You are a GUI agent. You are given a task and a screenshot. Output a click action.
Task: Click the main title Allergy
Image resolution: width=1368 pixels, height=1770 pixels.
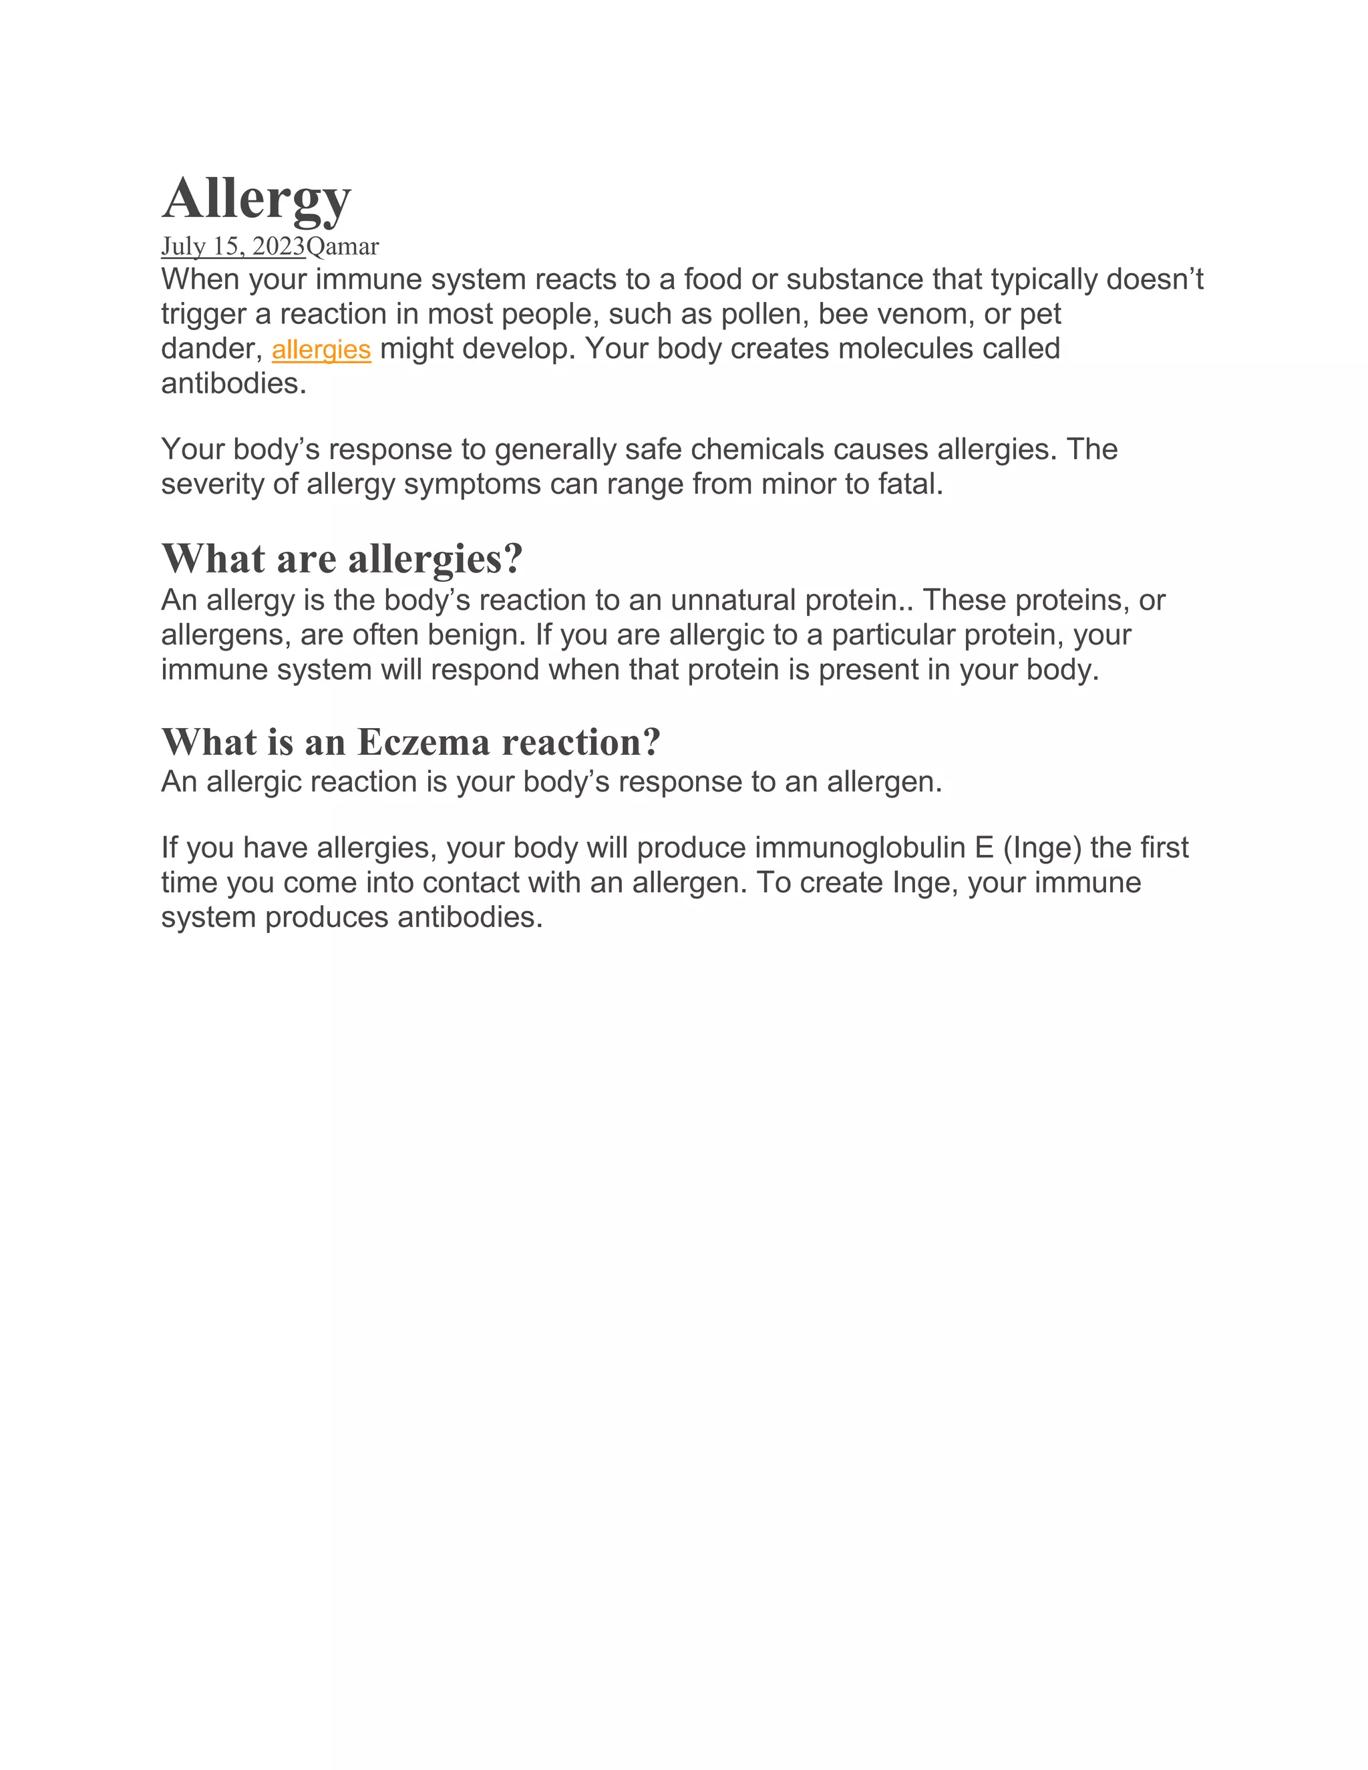[x=256, y=198]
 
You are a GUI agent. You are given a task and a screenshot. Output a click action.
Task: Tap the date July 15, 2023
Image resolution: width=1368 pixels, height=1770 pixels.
[x=232, y=246]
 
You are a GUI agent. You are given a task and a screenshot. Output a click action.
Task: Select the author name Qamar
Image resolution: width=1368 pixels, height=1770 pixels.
[x=343, y=246]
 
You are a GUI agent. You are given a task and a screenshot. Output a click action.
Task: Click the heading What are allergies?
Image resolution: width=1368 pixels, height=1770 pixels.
[x=342, y=558]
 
